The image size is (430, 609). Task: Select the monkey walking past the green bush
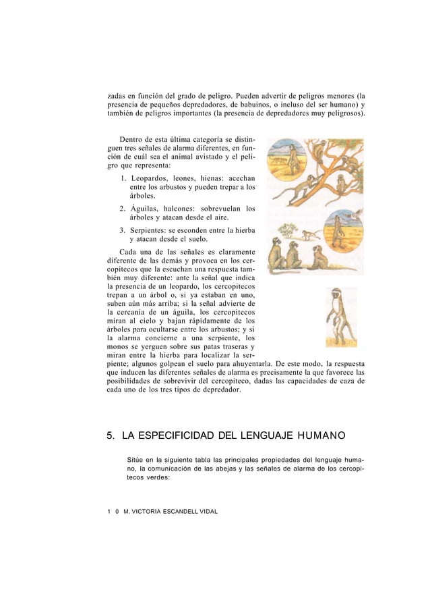tap(310, 235)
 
